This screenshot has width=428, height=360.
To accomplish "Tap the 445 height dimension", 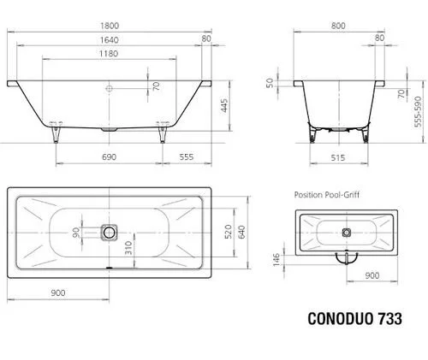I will tap(223, 106).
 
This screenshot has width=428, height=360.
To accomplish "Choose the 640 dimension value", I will tap(243, 231).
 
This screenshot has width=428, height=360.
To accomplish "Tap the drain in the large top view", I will tap(109, 232).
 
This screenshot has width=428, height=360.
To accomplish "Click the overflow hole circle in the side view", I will tap(110, 87).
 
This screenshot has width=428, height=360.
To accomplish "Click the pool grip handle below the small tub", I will tap(345, 256).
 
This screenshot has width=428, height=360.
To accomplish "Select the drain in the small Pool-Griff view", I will tap(346, 231).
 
